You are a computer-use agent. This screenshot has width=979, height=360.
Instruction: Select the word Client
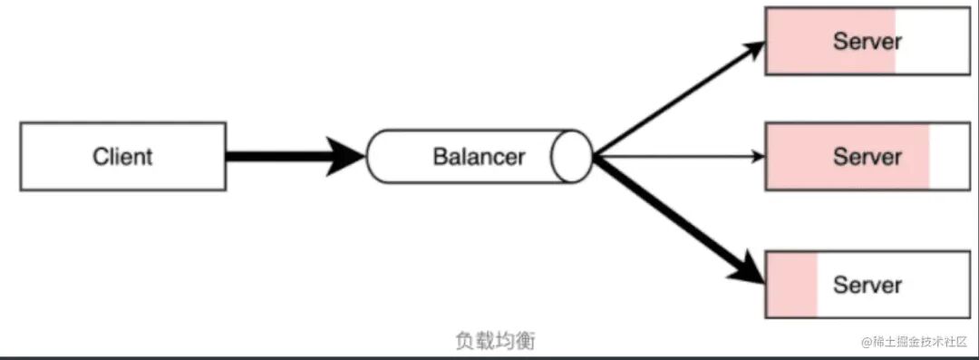[122, 156]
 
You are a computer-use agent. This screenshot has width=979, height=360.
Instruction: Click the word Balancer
[479, 156]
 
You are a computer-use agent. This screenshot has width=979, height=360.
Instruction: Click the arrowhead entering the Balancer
[349, 156]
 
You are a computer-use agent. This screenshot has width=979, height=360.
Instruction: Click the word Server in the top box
[868, 41]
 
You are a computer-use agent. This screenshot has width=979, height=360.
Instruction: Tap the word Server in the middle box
[868, 156]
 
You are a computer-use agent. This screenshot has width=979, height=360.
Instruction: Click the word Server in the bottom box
[868, 285]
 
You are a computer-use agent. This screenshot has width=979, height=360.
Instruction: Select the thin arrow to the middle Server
[680, 156]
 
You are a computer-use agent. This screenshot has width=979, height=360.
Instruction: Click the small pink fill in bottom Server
[791, 285]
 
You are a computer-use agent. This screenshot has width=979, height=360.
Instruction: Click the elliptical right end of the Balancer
[573, 156]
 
